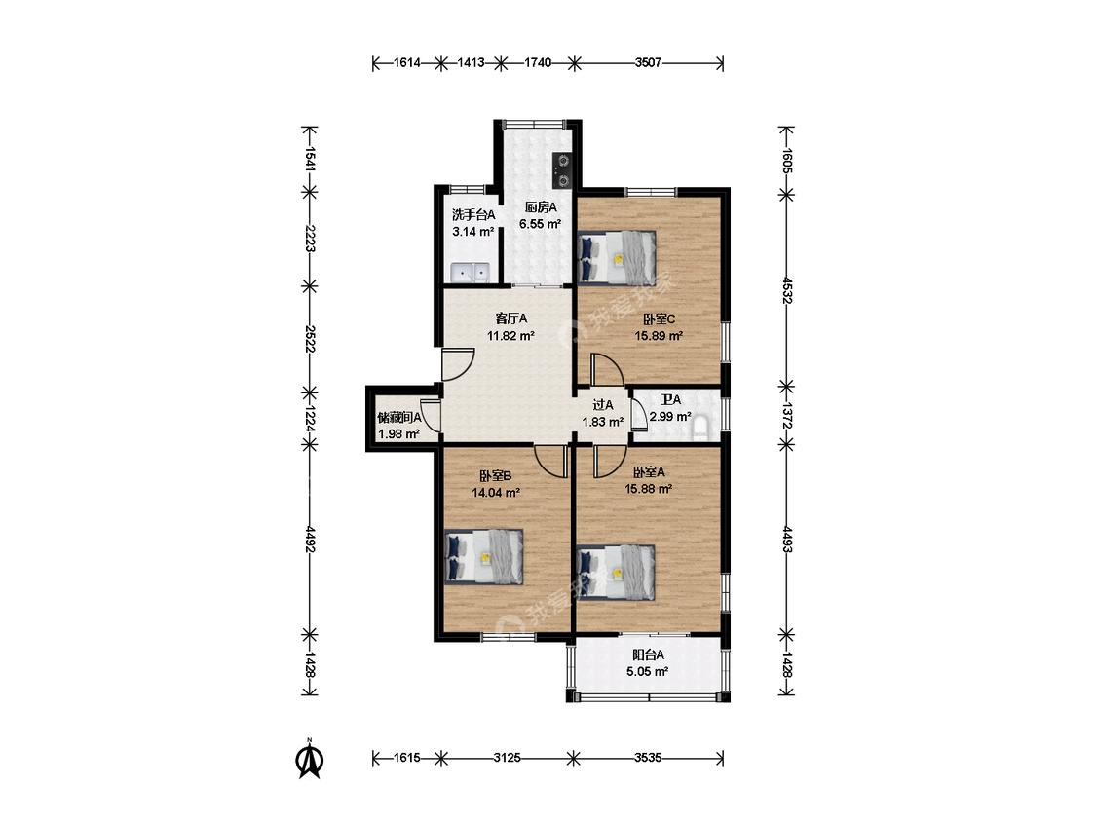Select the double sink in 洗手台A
click(472, 272)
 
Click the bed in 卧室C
click(618, 256)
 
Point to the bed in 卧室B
click(484, 556)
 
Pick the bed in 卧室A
click(618, 573)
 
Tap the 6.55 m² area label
click(541, 224)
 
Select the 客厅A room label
click(510, 318)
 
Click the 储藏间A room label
click(399, 417)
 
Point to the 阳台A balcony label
click(648, 654)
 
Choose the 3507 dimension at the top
click(648, 63)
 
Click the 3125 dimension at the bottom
click(507, 758)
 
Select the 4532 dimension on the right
click(786, 291)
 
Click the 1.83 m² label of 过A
click(602, 422)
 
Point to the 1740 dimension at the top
click(538, 63)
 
